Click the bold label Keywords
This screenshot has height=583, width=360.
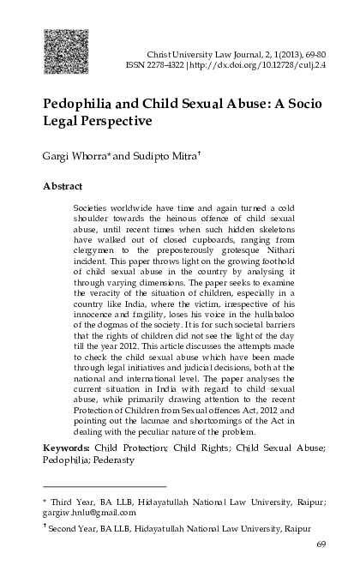pos(69,448)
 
